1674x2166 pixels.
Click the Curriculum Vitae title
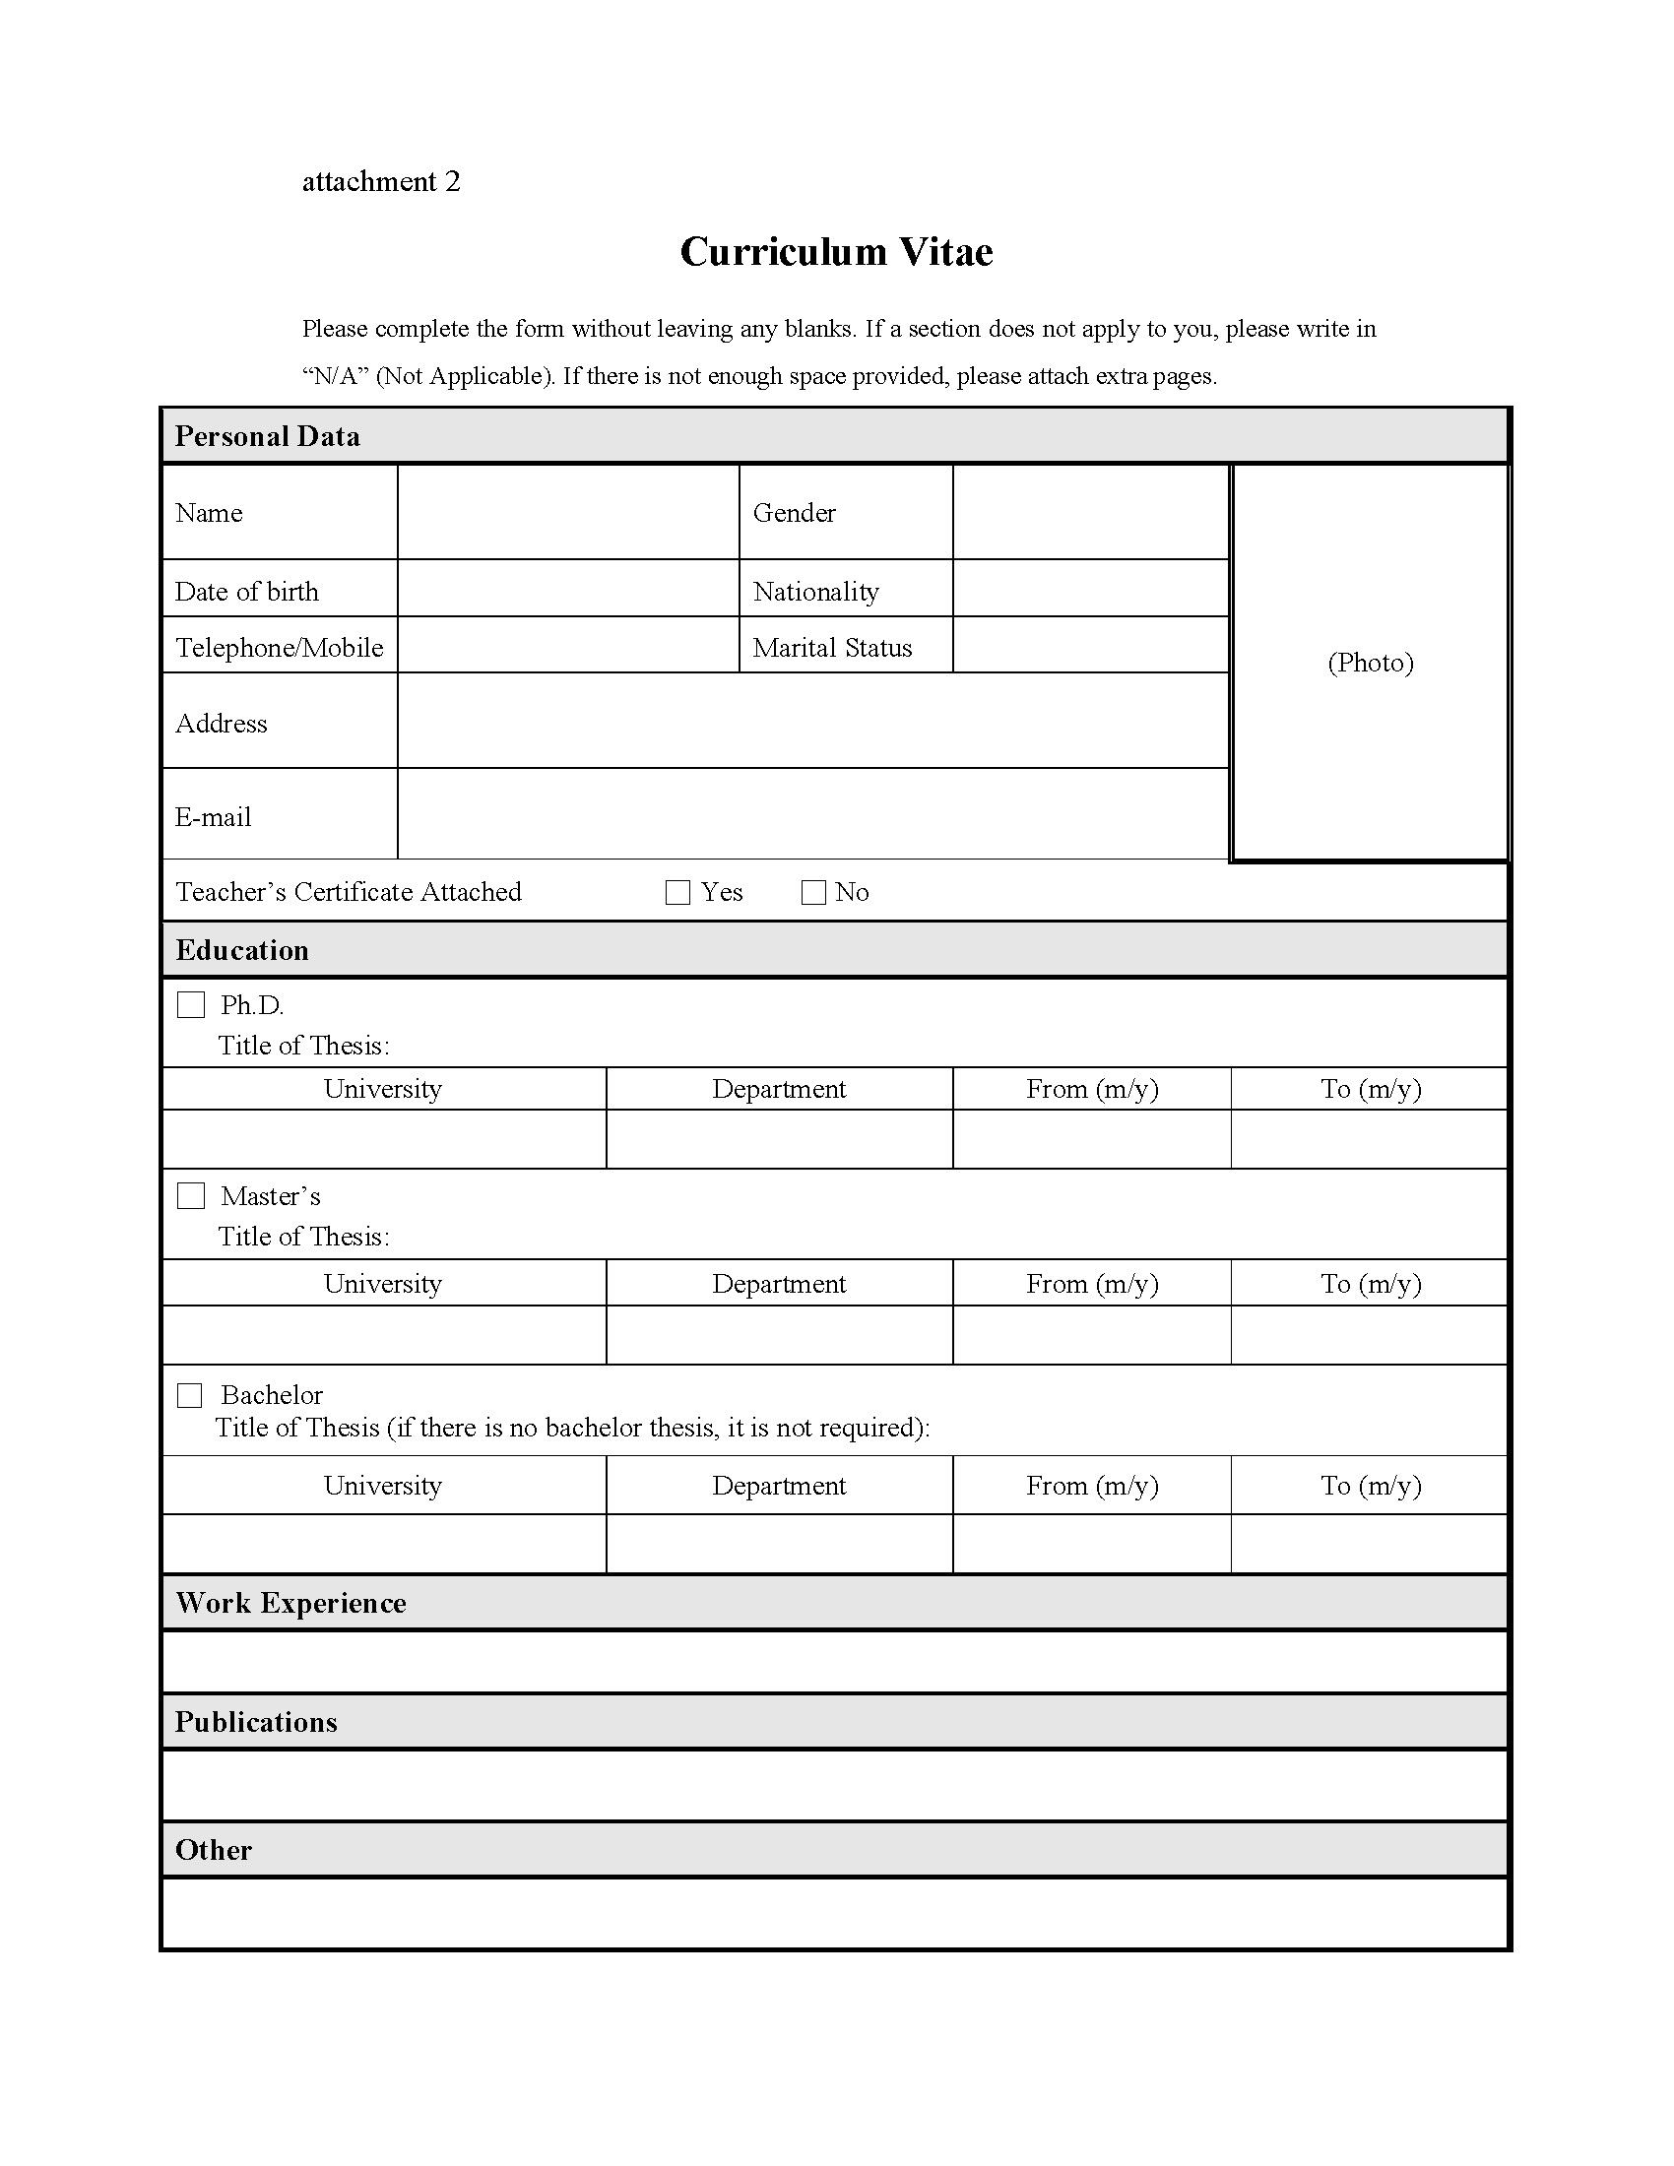(836, 252)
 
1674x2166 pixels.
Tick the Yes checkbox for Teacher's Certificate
(677, 893)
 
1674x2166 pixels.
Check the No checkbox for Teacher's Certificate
(813, 893)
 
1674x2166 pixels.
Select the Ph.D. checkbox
(190, 1004)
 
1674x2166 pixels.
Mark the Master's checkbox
(190, 1196)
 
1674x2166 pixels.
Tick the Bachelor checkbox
(189, 1395)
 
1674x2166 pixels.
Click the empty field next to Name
(568, 512)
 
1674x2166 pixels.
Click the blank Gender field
(1091, 512)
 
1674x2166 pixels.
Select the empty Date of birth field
(568, 588)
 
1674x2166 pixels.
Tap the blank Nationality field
(1091, 588)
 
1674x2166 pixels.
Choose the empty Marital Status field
(1091, 645)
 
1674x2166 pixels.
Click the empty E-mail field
(813, 814)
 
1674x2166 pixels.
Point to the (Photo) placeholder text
(1371, 663)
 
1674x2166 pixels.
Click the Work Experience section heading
(290, 1604)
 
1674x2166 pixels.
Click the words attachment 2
(381, 181)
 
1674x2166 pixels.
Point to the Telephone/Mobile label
(279, 648)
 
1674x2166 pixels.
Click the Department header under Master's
(779, 1284)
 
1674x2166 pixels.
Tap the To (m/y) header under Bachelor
(1371, 1486)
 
